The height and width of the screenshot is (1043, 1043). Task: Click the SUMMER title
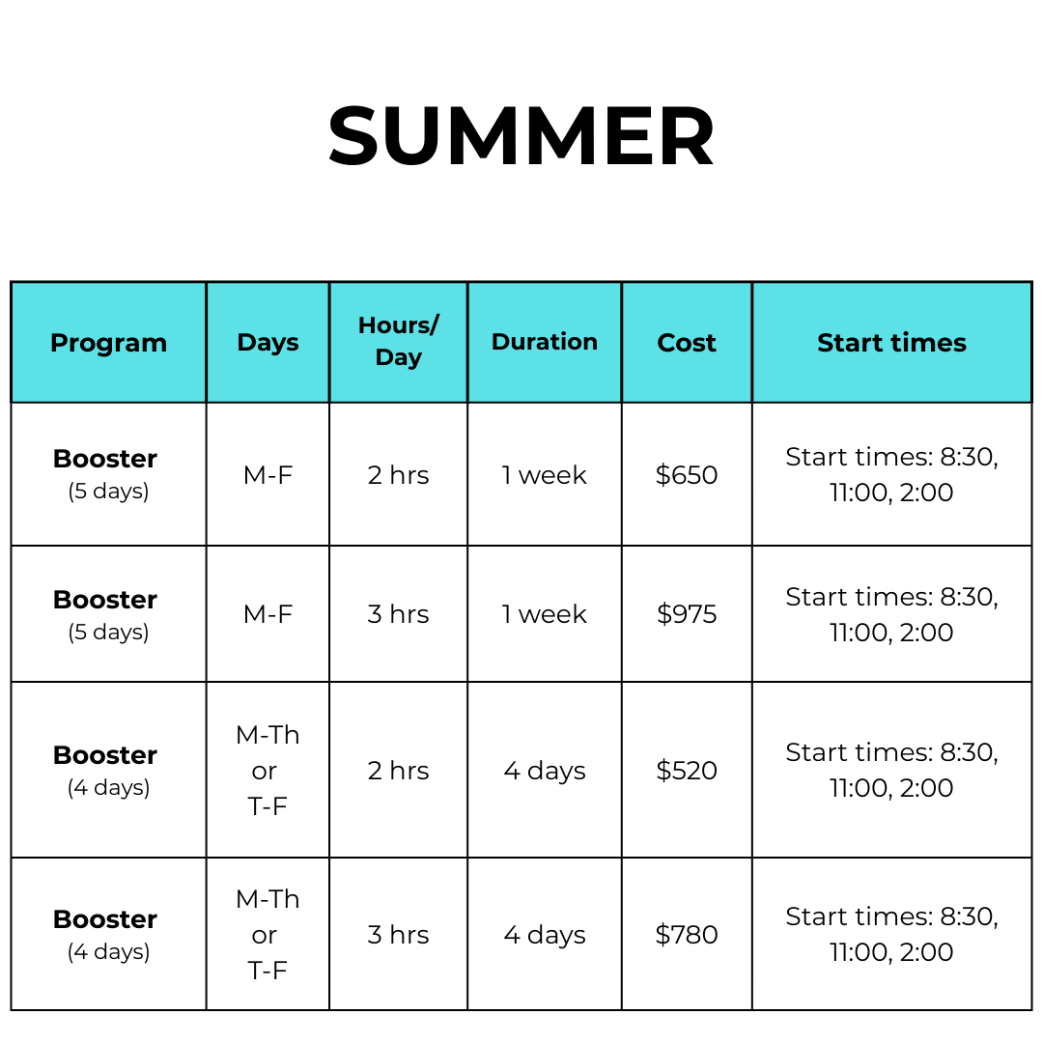coord(521,136)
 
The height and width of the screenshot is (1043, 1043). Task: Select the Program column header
coord(108,343)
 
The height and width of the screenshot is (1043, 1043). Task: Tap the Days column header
coord(268,343)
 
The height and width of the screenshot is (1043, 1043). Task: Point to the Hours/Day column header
coord(399,341)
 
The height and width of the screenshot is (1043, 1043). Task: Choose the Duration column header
coord(545,342)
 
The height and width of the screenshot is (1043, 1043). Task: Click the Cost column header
coord(687,343)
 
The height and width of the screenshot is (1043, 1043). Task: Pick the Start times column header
coord(891,343)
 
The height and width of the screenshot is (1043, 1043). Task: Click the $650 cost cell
coord(687,475)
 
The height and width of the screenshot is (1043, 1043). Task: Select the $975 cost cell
coord(687,614)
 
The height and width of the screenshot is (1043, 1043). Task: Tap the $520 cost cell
coord(687,771)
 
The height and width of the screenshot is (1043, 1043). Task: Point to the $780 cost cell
coord(687,935)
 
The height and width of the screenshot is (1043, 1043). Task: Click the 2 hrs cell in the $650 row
coord(399,475)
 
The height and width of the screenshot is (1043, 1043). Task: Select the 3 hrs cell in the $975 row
coord(399,614)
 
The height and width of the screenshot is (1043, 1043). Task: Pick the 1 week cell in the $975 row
coord(545,614)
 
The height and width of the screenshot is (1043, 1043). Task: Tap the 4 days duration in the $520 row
coord(545,771)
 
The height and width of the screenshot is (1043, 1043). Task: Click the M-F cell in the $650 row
coord(268,475)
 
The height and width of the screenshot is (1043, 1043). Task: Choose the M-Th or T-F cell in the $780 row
coord(268,935)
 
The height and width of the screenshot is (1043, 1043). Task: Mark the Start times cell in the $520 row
coord(891,771)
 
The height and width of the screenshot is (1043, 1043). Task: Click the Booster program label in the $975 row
coord(105,600)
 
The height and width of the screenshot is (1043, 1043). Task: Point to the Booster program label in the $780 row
coord(105,919)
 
